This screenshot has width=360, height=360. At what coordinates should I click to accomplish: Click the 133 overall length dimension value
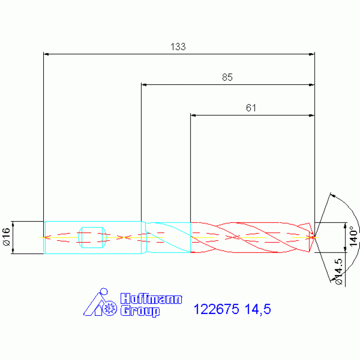178,46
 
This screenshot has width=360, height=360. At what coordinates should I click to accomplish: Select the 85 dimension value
227,77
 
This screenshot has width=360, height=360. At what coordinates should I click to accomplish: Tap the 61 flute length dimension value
251,107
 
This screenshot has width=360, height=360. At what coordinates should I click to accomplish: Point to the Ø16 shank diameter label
7,237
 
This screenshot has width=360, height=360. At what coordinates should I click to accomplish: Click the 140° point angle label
353,236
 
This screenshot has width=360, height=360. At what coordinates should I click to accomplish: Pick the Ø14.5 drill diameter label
339,272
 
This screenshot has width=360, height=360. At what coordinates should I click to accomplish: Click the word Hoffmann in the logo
151,299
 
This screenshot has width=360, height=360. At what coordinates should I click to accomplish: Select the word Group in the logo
140,311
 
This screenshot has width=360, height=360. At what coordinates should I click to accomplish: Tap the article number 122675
216,309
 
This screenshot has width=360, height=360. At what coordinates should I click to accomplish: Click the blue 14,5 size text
258,309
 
